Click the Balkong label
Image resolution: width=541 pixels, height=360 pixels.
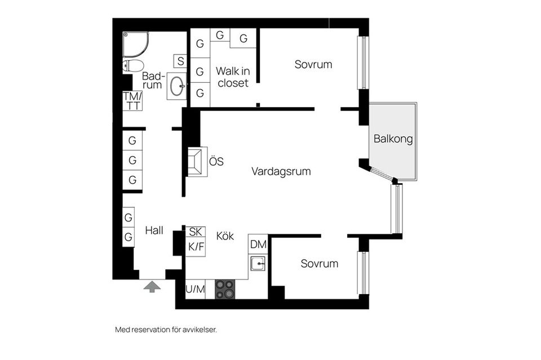click(x=393, y=139)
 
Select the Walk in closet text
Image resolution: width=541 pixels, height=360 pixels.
click(x=232, y=77)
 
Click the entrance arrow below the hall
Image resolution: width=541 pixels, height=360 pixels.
click(x=152, y=286)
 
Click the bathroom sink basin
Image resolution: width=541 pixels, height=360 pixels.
click(x=177, y=87)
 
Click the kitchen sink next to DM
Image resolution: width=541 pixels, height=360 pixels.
click(x=258, y=263)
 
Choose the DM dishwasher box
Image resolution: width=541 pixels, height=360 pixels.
click(x=258, y=244)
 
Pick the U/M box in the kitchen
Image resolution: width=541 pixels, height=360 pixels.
click(x=195, y=290)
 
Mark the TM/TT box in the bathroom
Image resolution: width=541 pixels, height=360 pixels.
click(x=132, y=101)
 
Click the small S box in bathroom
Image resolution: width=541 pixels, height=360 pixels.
click(x=180, y=61)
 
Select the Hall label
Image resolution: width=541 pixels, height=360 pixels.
click(x=154, y=230)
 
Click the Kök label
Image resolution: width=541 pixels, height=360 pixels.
click(x=225, y=236)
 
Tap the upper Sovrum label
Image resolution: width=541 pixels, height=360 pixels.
click(x=313, y=64)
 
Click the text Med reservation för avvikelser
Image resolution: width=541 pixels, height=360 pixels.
click(x=166, y=330)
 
